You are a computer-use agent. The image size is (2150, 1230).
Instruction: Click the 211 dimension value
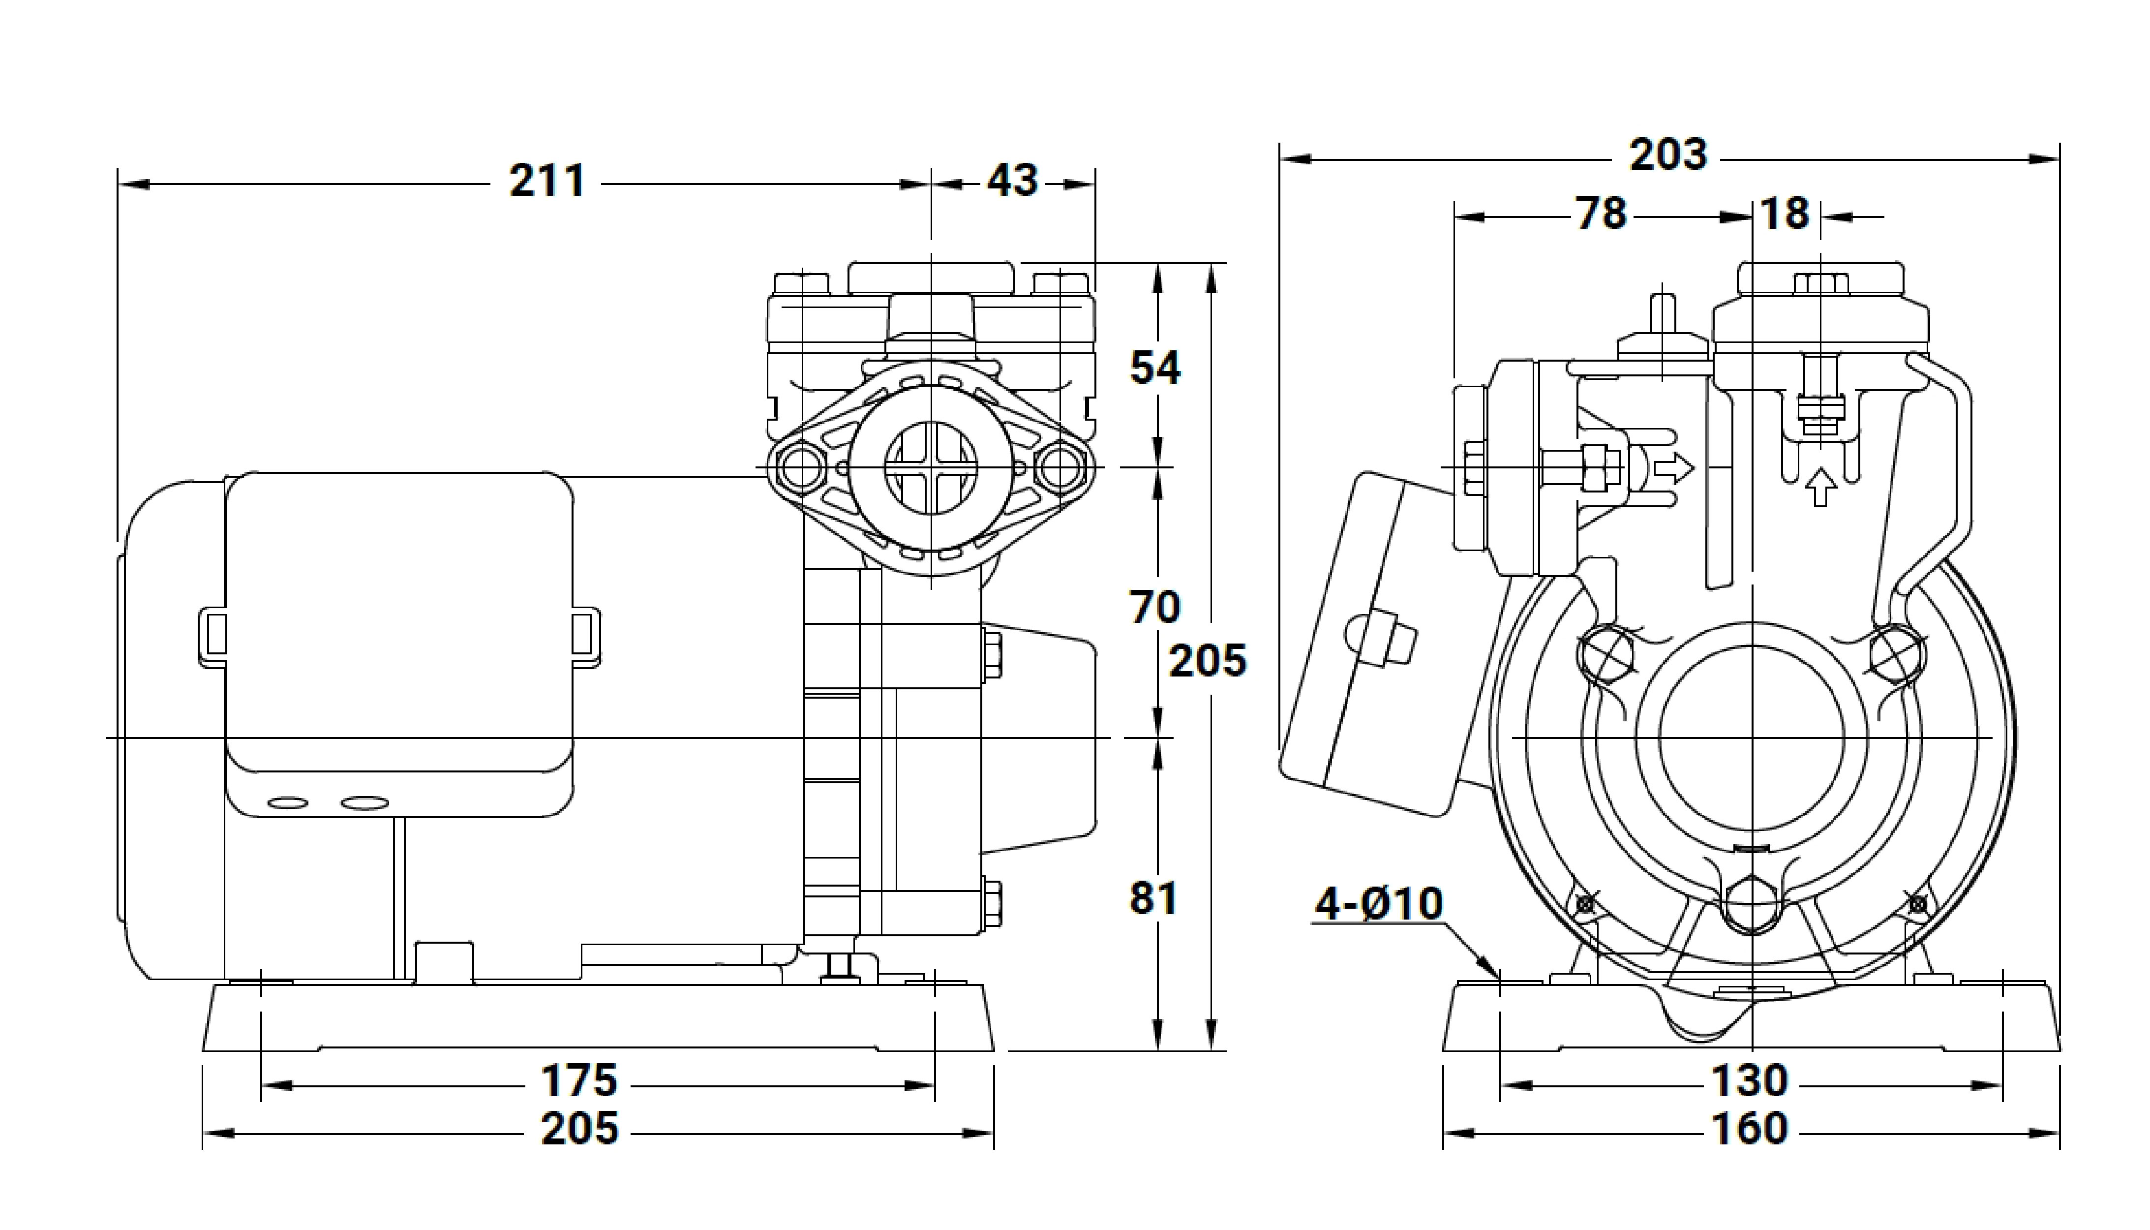pos(547,182)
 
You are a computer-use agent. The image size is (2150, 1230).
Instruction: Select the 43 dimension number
pos(1012,182)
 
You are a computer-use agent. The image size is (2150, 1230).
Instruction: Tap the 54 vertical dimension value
pos(1155,369)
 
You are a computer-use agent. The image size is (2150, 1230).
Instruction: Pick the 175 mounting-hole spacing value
pos(579,1080)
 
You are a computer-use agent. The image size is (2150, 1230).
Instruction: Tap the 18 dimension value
pos(1785,214)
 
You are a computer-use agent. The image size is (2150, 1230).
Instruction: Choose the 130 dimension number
pos(1749,1080)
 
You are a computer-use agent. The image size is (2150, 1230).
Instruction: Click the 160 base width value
pos(1749,1129)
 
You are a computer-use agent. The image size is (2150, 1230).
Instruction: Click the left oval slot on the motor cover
pos(288,802)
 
